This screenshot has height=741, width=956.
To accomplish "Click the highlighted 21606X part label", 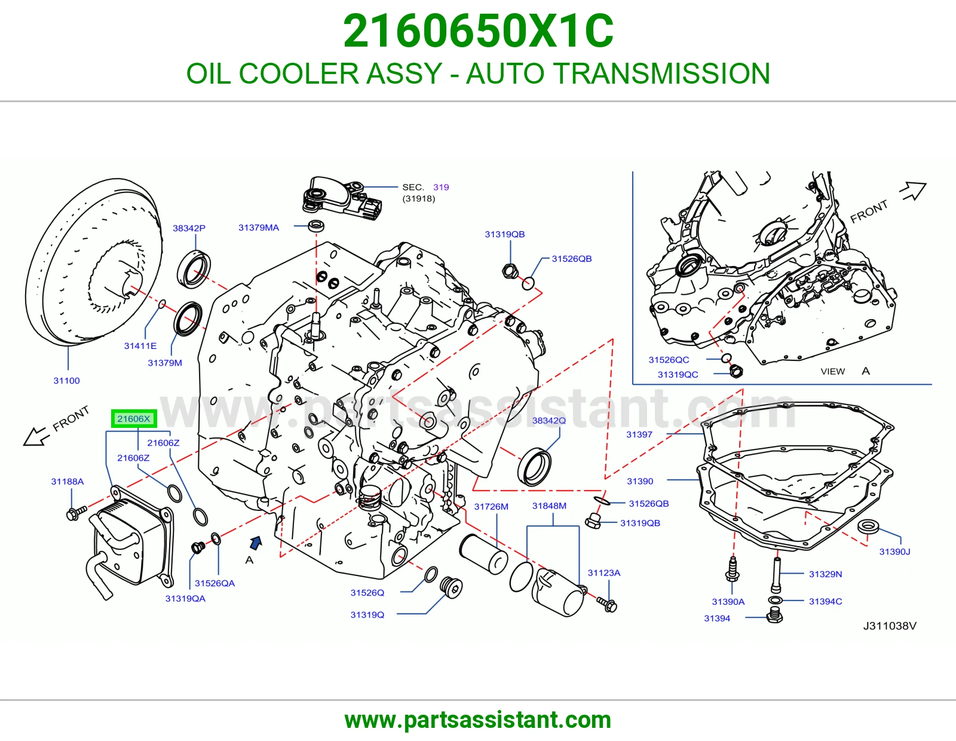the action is (x=134, y=418).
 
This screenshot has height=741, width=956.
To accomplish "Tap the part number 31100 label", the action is (x=66, y=381).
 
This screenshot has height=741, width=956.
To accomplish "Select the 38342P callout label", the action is (x=189, y=228).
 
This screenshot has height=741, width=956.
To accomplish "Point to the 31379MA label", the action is (x=259, y=228).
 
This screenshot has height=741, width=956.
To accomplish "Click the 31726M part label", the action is (x=491, y=507).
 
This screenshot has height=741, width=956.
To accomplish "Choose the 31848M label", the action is (x=549, y=506).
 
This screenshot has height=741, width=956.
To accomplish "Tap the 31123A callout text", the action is (x=604, y=572).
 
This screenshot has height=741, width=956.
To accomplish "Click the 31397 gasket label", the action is (x=639, y=434).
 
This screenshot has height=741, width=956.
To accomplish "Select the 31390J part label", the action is (x=894, y=552).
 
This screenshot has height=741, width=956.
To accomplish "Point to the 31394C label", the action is (x=825, y=601).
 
